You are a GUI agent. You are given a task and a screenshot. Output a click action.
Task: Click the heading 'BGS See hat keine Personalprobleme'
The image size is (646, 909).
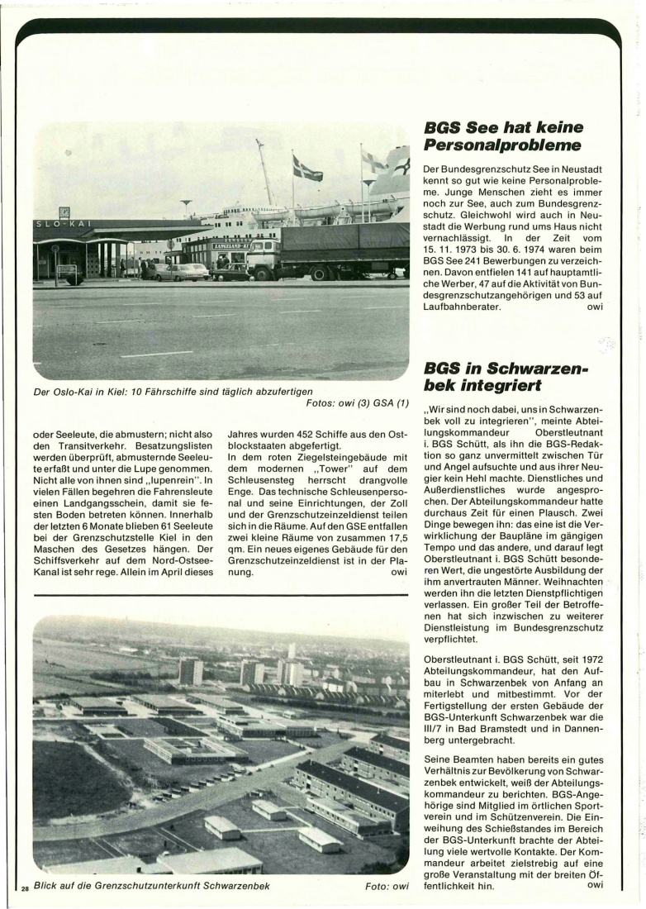(503, 137)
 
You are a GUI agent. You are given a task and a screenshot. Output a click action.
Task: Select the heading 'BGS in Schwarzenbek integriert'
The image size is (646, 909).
(506, 376)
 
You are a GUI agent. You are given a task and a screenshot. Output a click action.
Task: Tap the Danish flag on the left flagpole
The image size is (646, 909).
(307, 169)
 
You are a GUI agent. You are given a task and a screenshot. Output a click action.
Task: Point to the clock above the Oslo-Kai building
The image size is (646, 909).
(64, 212)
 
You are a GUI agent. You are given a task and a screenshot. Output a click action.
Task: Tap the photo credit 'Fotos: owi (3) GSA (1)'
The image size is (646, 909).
(357, 403)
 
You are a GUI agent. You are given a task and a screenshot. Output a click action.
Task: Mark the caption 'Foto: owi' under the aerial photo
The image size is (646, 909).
(387, 887)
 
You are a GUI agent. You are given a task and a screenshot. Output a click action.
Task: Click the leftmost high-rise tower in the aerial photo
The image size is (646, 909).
(190, 670)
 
